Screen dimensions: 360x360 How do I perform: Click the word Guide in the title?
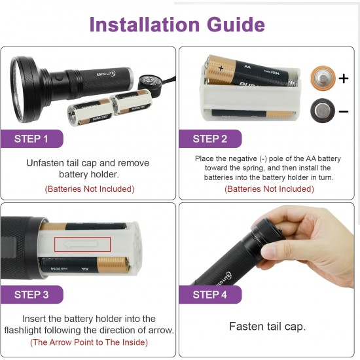pos(236,25)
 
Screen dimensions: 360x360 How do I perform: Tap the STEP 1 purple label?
pos(31,139)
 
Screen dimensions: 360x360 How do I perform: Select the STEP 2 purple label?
pos(210,139)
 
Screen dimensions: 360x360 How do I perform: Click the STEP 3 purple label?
pos(31,295)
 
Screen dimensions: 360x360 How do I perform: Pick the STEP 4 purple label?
pos(210,295)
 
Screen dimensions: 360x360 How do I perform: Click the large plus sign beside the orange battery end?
pos(344,79)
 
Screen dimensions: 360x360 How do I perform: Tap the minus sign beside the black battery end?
pos(344,111)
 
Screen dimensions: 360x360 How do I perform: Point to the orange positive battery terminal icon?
pos(323,79)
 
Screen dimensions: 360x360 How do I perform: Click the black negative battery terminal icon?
pos(323,111)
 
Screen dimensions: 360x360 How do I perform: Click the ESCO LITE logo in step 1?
pos(105,74)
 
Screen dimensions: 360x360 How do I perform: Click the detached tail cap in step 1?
pos(149,83)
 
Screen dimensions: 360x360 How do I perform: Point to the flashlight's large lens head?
pos(26,90)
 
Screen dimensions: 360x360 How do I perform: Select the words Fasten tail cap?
pos(268,327)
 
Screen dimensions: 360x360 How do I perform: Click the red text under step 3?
pos(89,342)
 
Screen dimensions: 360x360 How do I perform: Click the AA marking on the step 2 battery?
pos(247,67)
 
